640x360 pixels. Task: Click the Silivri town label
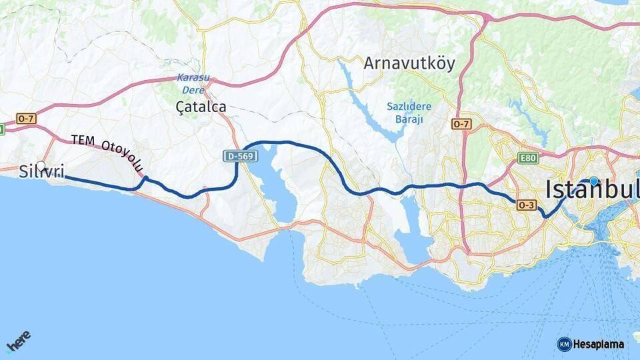point(41,172)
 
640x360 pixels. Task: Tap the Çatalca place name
point(201,107)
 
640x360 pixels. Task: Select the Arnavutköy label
point(409,63)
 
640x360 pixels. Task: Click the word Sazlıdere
point(409,107)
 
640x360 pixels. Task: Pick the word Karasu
point(193,77)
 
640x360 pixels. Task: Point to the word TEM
point(83,140)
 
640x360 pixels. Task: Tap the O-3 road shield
point(526,205)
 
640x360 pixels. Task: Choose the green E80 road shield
point(528,158)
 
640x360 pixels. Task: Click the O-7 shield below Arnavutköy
point(461,124)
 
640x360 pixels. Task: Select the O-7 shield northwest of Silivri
point(26,119)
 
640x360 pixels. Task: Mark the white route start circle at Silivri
point(41,166)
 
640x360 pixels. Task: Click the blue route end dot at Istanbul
point(594,181)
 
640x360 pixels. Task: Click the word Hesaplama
point(599,344)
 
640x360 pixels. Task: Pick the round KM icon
point(564,344)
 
